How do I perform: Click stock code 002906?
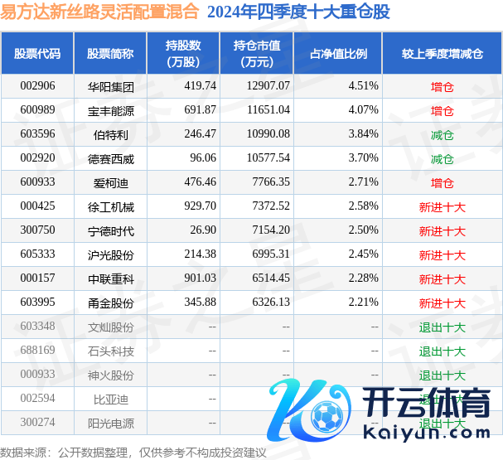click(37, 85)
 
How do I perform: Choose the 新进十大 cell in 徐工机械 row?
click(442, 206)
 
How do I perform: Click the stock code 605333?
click(37, 254)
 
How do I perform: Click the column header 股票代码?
click(37, 54)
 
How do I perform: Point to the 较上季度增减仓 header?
click(442, 54)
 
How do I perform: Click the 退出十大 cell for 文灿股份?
click(442, 327)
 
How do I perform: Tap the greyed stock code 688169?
click(37, 351)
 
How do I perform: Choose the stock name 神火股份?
click(110, 375)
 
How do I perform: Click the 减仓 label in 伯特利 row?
click(442, 133)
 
